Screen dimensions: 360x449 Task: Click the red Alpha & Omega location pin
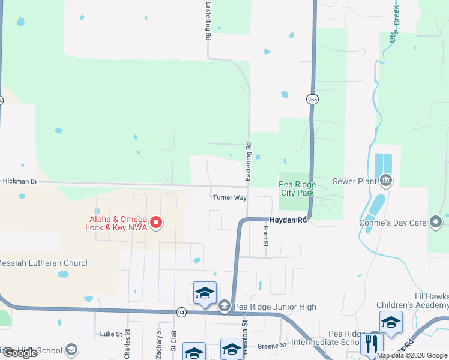point(156,223)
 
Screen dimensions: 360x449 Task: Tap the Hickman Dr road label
point(20,181)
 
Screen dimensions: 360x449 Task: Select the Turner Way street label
point(229,197)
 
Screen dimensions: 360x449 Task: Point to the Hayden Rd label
point(288,220)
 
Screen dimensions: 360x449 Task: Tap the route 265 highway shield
point(312,99)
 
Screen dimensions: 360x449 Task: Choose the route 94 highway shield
point(181,312)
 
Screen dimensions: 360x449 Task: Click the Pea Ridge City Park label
point(297,188)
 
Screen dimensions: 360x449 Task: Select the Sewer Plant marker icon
point(386,180)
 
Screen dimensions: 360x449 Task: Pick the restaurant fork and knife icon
point(371,344)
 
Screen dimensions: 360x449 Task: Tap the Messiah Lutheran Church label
point(44,263)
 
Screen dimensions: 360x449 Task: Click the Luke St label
point(110,334)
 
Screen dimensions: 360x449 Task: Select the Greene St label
point(272,346)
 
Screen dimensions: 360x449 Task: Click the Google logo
point(20,353)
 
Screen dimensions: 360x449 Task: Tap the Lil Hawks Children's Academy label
point(423,301)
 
